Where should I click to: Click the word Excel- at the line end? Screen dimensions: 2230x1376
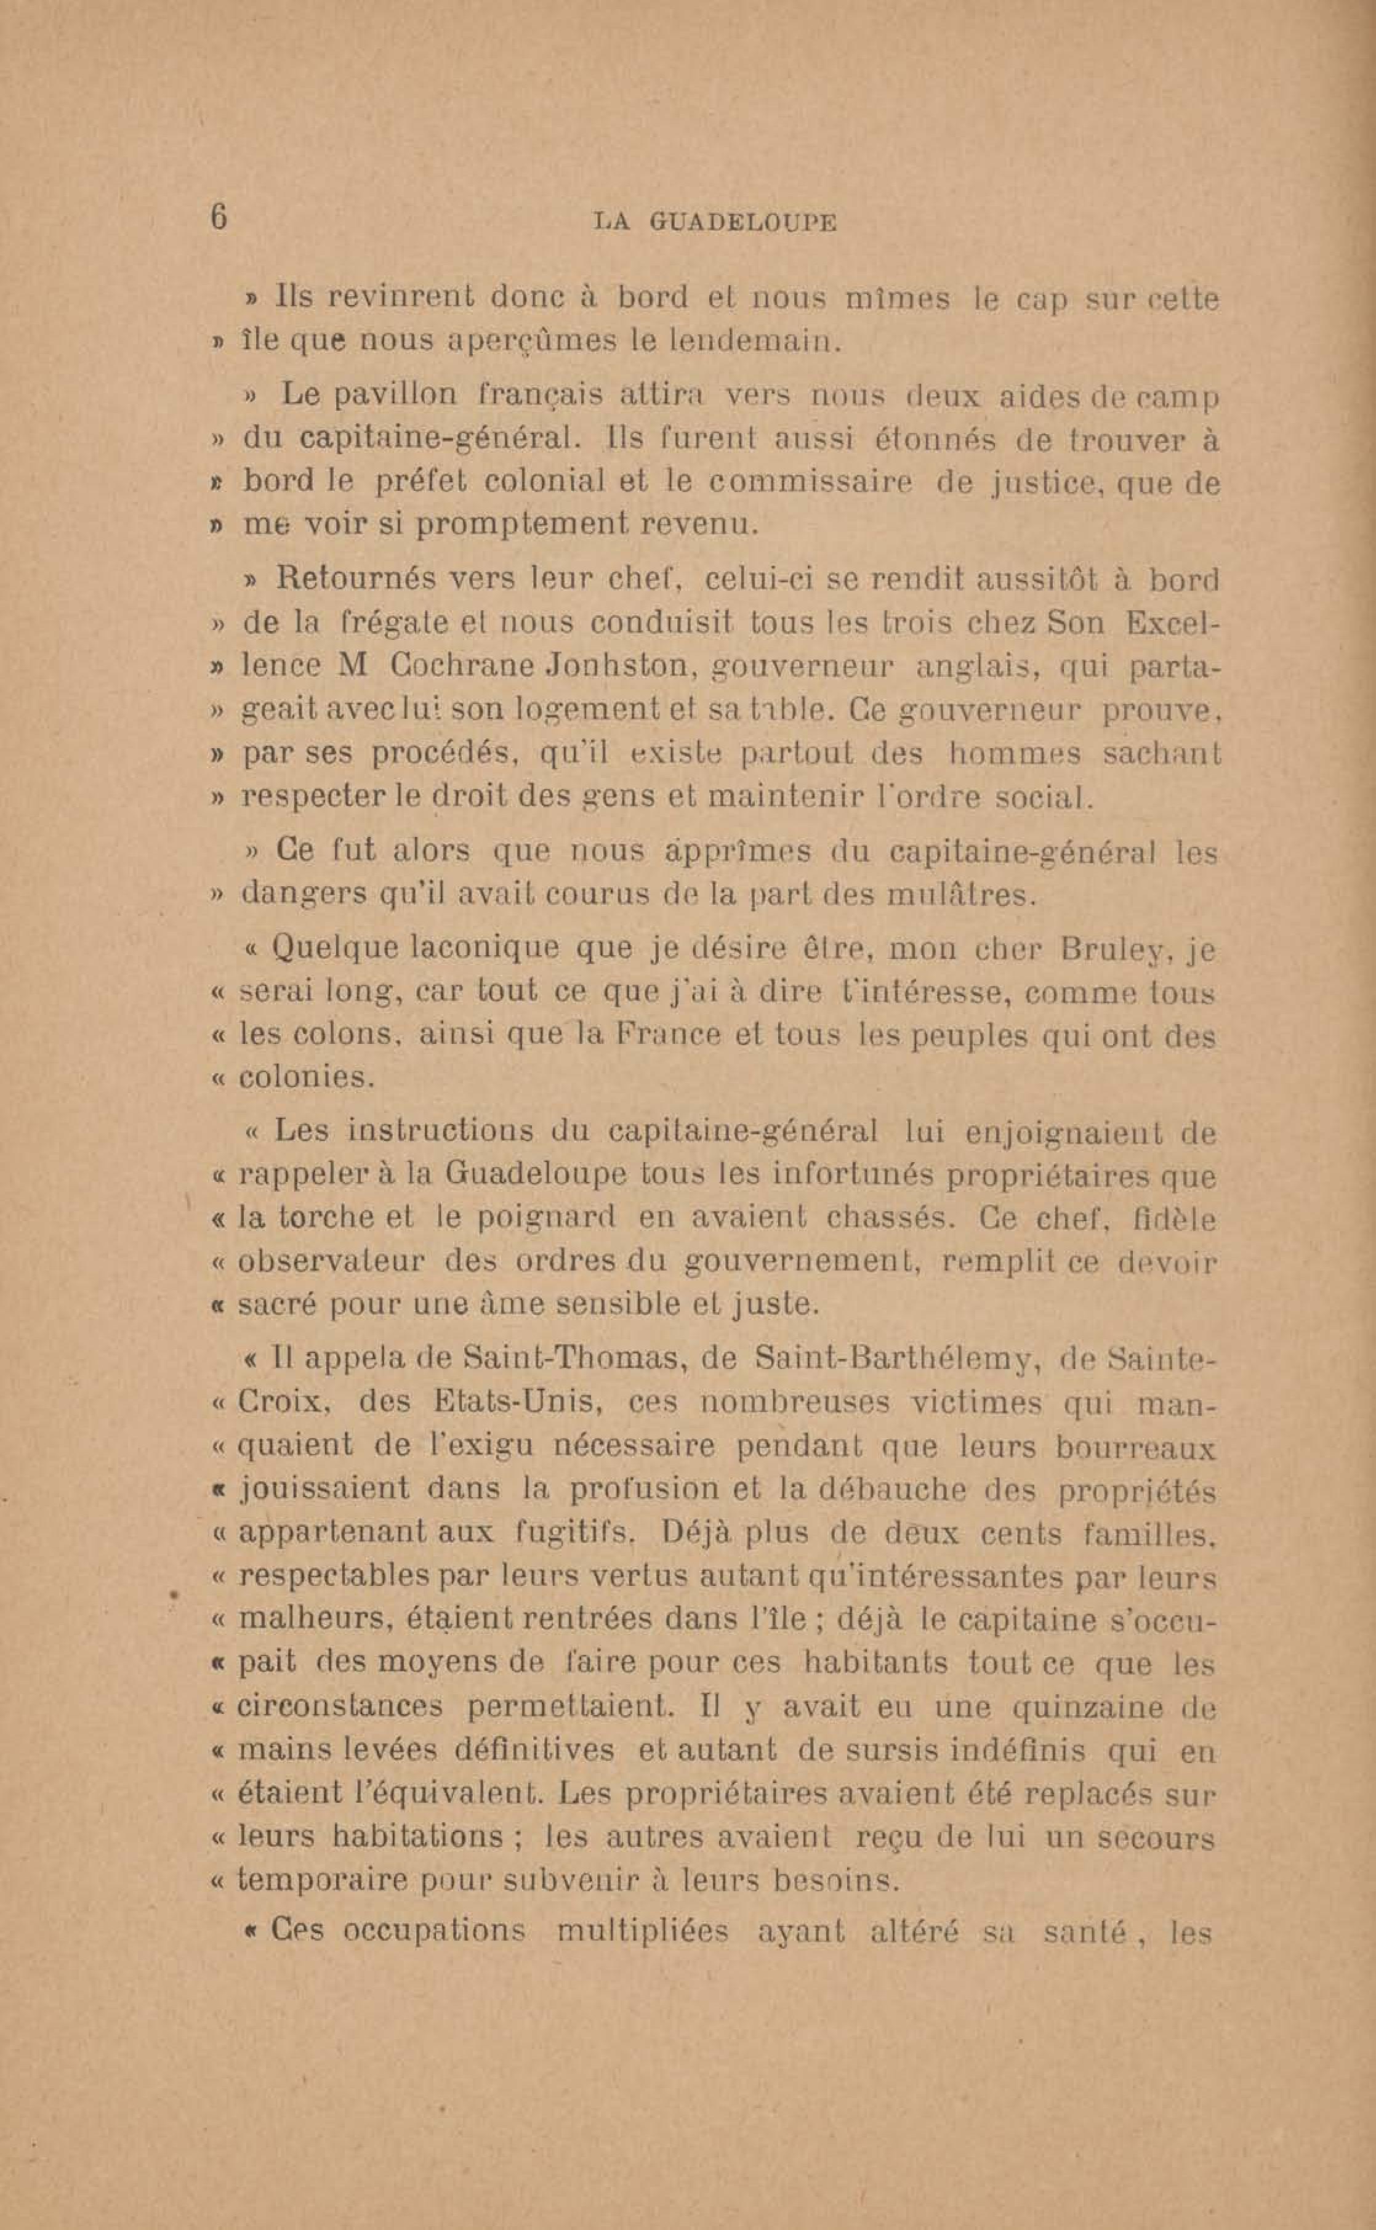(1173, 623)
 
